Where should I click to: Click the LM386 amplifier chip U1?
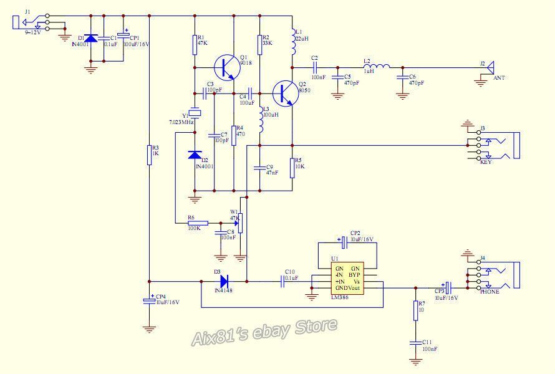pyautogui.click(x=347, y=277)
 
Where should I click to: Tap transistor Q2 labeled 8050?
pyautogui.click(x=285, y=93)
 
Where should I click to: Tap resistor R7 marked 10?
pyautogui.click(x=416, y=310)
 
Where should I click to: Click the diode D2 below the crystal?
pyautogui.click(x=195, y=155)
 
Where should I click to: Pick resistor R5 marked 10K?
pyautogui.click(x=292, y=167)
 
